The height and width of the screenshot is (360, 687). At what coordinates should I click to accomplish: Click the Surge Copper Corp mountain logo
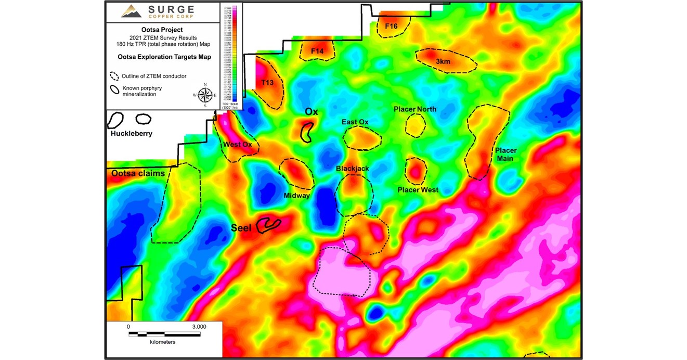[131, 11]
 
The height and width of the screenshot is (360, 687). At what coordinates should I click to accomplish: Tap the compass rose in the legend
[205, 95]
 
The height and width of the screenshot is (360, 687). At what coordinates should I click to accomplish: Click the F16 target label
[391, 26]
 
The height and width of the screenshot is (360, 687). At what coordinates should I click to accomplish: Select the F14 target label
[317, 51]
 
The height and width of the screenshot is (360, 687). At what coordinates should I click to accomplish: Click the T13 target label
[267, 83]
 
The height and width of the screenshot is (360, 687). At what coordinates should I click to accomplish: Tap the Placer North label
[415, 109]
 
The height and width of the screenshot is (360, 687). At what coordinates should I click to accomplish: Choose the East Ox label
[355, 122]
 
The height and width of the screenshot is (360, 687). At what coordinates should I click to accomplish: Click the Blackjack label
[352, 169]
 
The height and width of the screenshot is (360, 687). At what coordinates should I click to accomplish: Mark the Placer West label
[418, 190]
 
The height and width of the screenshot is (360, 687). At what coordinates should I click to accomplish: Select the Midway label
[296, 196]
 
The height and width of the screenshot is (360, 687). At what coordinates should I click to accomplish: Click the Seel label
[241, 228]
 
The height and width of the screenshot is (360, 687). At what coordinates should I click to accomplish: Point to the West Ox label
[237, 144]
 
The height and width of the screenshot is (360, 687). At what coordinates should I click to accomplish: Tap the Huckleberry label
[131, 134]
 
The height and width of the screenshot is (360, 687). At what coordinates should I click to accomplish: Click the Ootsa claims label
[138, 173]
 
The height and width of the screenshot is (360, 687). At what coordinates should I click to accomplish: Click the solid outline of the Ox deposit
[307, 132]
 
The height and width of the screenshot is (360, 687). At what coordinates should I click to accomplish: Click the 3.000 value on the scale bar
[199, 327]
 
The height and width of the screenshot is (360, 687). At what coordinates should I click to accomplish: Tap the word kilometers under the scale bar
[163, 342]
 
